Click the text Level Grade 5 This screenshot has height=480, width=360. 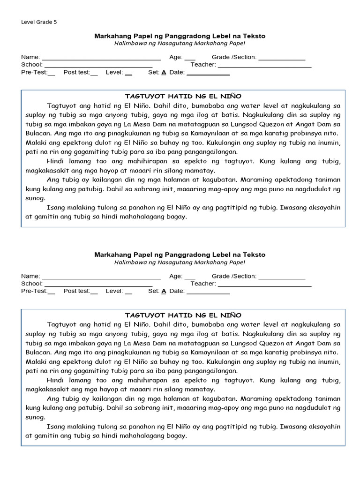(x=39, y=22)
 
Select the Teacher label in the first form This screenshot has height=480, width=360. (x=203, y=65)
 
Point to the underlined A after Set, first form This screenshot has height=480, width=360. (x=164, y=73)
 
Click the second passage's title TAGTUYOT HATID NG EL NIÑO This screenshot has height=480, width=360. (x=183, y=315)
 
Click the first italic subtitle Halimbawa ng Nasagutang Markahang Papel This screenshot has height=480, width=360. (x=180, y=44)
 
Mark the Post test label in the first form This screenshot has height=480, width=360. (x=77, y=72)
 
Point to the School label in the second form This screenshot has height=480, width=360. (x=31, y=284)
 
